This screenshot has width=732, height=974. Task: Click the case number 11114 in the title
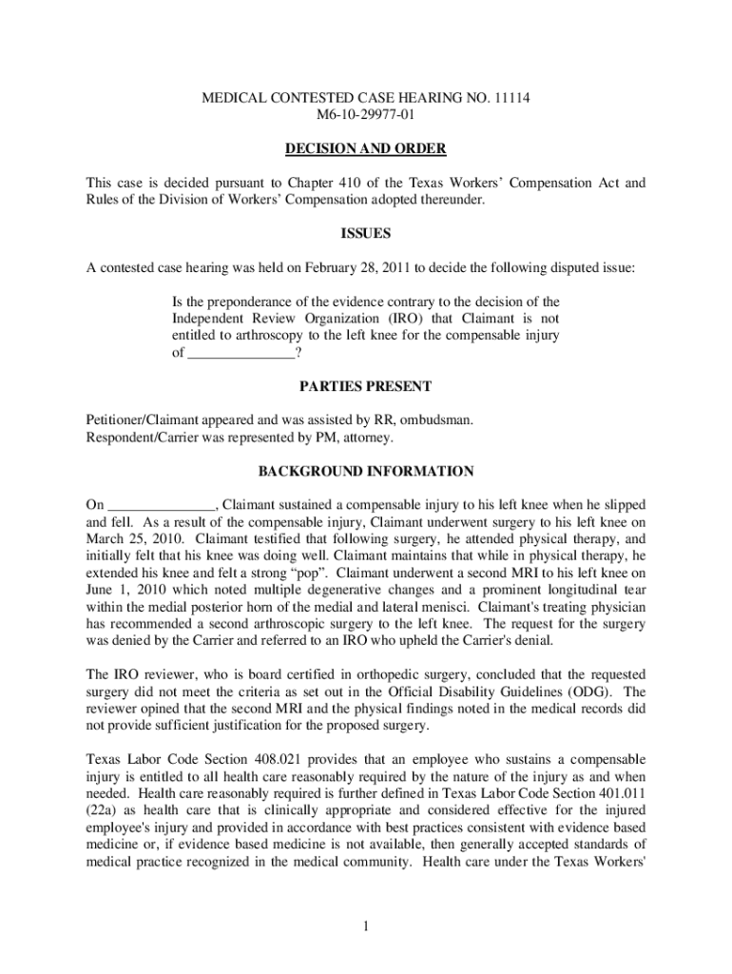tap(502, 97)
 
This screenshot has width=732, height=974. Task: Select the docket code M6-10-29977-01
tap(366, 115)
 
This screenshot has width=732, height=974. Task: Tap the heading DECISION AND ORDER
tap(366, 149)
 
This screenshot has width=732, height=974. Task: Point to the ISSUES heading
tap(366, 234)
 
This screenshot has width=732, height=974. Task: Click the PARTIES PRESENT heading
tap(366, 386)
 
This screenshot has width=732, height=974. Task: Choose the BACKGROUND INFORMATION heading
tap(366, 471)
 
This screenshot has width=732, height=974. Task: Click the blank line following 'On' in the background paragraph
tap(162, 505)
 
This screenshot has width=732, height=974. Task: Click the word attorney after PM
tap(366, 438)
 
